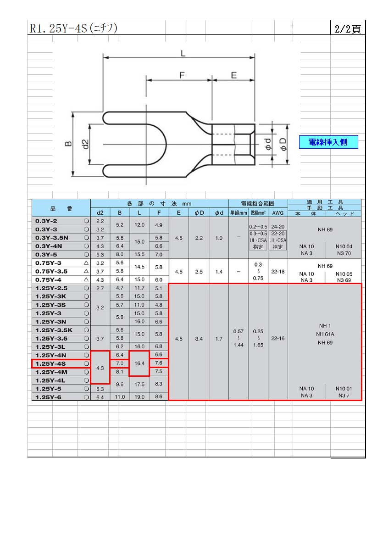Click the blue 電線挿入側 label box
(328, 142)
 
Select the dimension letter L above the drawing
(183, 53)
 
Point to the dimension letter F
(182, 75)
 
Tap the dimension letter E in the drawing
(234, 75)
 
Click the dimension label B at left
(68, 144)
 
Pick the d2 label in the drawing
(85, 144)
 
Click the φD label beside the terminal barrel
(283, 144)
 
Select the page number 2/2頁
(347, 29)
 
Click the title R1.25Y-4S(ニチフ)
(73, 28)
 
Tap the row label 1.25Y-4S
(50, 363)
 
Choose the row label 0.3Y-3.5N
(52, 238)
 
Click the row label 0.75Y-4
(48, 279)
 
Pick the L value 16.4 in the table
(139, 363)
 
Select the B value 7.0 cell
(120, 363)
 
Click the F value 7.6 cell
(159, 363)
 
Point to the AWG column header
(278, 213)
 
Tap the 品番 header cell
(61, 208)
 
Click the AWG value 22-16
(278, 338)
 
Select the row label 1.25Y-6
(48, 397)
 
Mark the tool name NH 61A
(325, 334)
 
